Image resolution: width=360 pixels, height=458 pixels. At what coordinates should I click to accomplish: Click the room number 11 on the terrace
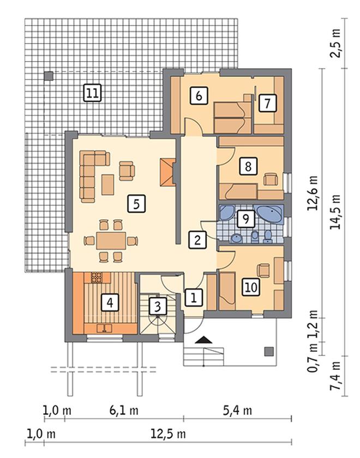[92, 93]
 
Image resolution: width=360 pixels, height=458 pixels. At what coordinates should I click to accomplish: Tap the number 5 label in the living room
[137, 203]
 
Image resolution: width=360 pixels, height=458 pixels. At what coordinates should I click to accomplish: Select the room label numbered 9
[246, 219]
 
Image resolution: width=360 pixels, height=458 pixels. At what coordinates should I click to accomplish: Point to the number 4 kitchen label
[110, 303]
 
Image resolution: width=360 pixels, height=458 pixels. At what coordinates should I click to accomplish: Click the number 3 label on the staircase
[158, 306]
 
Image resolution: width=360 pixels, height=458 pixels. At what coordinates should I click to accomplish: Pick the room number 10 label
[251, 287]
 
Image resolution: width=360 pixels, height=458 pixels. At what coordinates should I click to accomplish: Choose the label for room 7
[267, 103]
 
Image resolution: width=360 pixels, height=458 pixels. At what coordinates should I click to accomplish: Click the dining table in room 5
[111, 240]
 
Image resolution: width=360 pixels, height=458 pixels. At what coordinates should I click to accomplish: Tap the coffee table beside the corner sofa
[107, 184]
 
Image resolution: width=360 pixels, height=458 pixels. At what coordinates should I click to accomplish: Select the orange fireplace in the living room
[167, 172]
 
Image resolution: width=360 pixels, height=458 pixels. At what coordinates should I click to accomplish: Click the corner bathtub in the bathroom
[269, 214]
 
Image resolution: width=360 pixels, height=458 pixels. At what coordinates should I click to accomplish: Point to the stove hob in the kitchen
[96, 278]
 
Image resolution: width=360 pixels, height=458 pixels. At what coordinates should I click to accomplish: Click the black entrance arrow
[203, 340]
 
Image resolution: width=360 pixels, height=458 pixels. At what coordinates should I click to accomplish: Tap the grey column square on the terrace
[49, 76]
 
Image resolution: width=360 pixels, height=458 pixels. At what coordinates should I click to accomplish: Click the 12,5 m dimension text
[168, 433]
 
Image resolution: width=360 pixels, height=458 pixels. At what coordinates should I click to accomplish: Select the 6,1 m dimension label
[124, 411]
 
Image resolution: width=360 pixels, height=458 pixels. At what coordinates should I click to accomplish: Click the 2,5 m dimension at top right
[336, 43]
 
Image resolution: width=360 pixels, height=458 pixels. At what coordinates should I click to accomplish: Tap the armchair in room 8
[271, 179]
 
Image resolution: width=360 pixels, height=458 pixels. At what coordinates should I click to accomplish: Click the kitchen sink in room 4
[104, 328]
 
